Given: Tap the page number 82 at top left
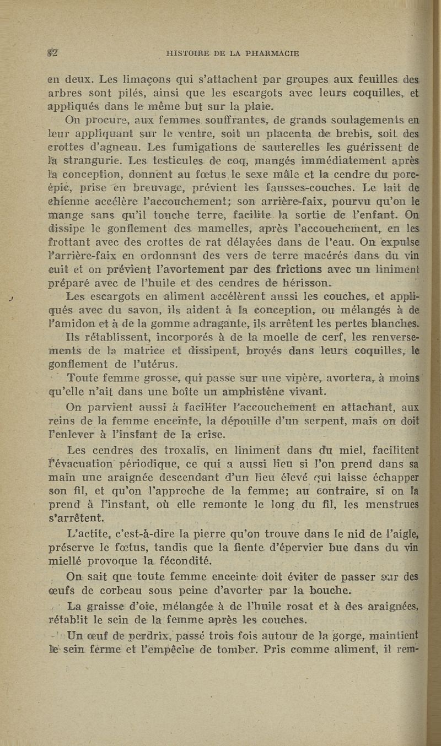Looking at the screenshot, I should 53,53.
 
